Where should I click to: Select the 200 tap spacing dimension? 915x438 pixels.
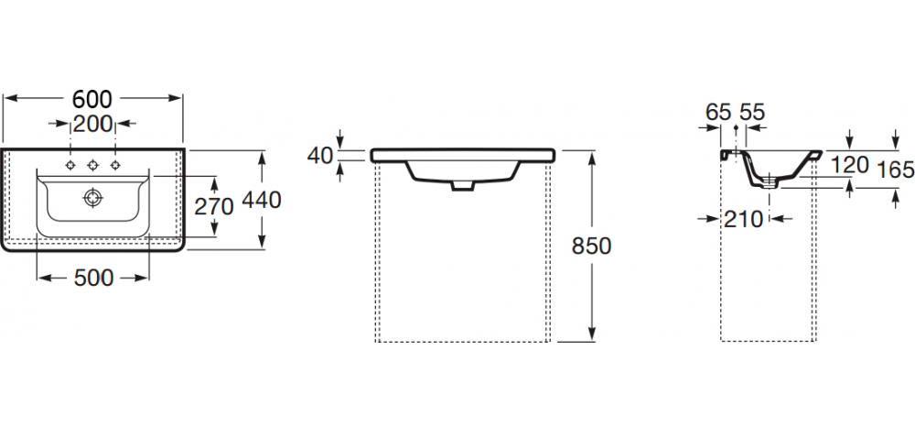[92, 123]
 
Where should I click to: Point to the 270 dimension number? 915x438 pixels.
[216, 205]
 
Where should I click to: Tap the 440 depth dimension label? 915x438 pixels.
[262, 200]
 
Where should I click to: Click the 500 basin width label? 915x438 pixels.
[92, 277]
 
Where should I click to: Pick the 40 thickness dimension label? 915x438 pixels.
[320, 155]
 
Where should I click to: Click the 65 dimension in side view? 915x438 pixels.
[719, 112]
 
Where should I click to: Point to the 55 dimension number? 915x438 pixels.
[751, 112]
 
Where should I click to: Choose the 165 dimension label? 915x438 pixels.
[895, 169]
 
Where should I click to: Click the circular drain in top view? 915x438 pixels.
[91, 196]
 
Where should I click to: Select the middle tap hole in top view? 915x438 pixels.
[92, 165]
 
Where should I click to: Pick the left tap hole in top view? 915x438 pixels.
[70, 165]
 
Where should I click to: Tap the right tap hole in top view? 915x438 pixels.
[115, 165]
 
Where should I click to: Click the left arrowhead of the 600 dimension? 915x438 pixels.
[7, 98]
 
